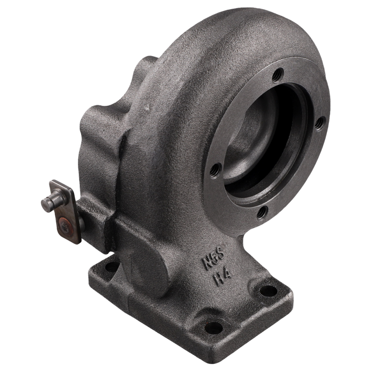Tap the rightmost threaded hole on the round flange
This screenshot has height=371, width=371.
coord(319,124)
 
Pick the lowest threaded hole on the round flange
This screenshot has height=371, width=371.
coord(262,212)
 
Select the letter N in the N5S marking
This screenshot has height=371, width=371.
coord(207,262)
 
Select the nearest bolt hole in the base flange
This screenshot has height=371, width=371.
coord(214,326)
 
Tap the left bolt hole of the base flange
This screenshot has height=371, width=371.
coord(111,267)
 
